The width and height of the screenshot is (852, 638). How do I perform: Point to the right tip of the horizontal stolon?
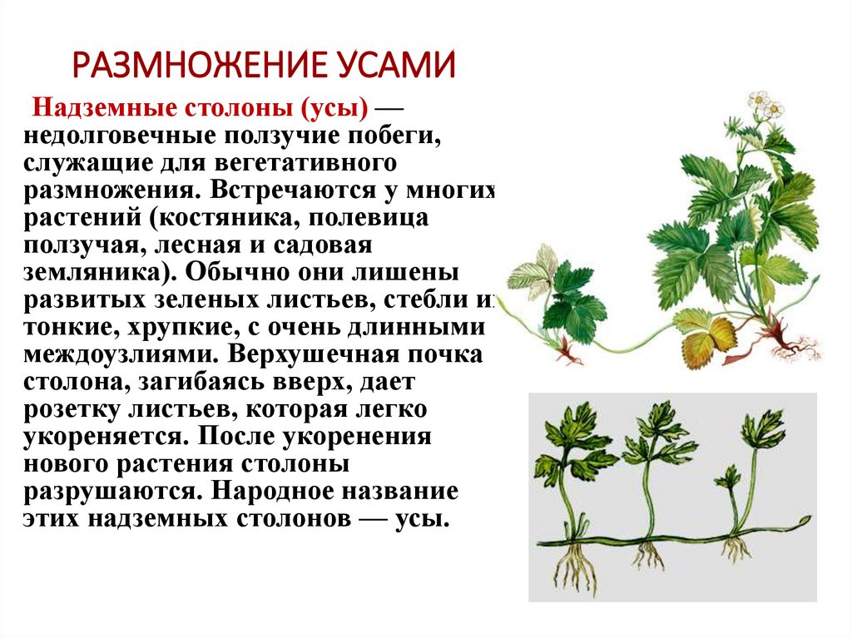pos(805,521)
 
